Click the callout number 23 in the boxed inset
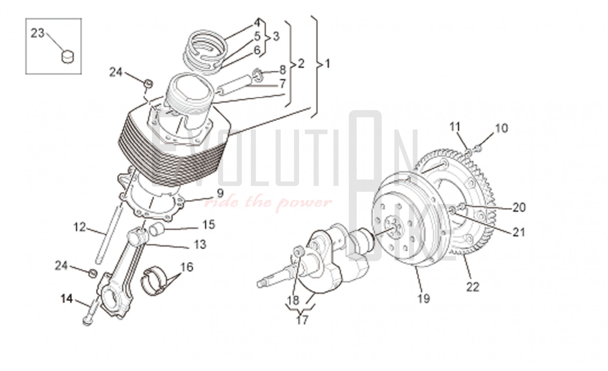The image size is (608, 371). point(38,33)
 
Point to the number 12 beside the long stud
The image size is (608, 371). point(80,227)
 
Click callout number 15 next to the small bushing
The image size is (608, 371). point(209,225)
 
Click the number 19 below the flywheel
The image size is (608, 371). point(424,298)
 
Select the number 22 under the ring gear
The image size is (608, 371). point(473,287)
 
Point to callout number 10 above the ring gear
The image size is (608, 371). point(502,128)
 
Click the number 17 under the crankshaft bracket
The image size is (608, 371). point(302,320)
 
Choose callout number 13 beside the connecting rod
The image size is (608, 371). point(200,244)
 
